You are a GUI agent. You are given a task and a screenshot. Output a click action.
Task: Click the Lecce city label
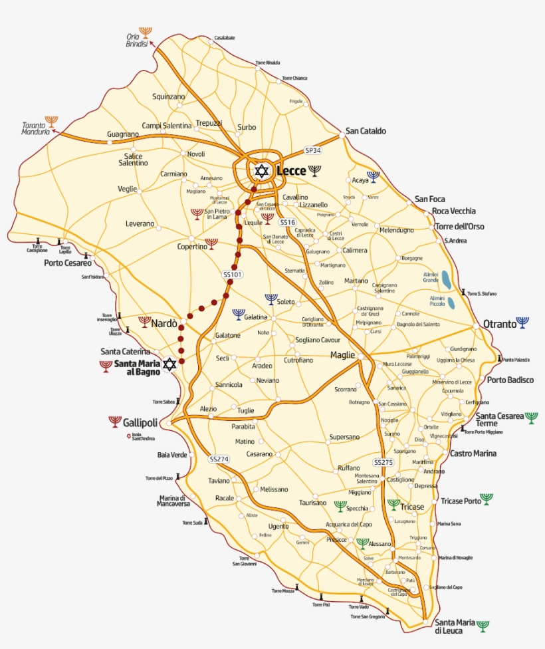[x=291, y=171]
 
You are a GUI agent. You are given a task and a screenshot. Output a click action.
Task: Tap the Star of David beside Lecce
[x=262, y=171]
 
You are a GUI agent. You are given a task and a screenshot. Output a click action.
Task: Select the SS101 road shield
[x=232, y=274]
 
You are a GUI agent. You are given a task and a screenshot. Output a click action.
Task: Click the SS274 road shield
[x=219, y=459]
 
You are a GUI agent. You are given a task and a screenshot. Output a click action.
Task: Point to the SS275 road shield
[x=383, y=462]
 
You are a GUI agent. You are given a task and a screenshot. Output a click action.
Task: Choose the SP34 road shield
[x=313, y=150]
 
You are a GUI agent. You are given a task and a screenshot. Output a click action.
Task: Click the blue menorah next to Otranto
[x=523, y=323]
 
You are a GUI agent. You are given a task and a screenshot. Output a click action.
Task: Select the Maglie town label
[x=343, y=355]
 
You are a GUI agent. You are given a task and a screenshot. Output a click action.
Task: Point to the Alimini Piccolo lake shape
[x=452, y=303]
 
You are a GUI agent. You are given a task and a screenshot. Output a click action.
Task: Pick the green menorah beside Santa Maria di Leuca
[x=483, y=626]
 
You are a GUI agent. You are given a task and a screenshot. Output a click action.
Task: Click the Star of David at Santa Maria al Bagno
[x=170, y=364]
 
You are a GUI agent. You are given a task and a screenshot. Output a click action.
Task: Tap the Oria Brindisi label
[x=136, y=40]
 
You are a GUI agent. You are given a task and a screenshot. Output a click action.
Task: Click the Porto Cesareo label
[x=68, y=263]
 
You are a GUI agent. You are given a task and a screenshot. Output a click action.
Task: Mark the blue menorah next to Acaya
[x=373, y=176]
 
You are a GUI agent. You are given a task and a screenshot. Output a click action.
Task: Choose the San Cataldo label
[x=365, y=131]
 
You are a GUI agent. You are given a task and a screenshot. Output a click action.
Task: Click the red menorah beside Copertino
[x=211, y=244]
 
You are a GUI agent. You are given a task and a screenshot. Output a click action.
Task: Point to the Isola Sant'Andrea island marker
[x=129, y=436]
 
